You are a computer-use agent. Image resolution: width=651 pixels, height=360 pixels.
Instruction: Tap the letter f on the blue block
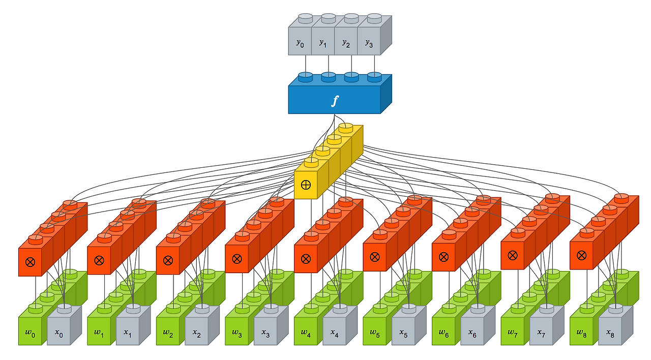tap(334, 101)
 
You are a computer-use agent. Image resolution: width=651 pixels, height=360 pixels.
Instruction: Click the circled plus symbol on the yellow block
tap(306, 185)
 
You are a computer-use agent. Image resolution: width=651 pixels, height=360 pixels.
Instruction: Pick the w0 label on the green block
tap(30, 333)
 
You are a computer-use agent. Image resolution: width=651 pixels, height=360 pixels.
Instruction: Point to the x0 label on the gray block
tap(58, 334)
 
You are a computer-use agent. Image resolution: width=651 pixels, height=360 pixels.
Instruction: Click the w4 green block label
tap(306, 333)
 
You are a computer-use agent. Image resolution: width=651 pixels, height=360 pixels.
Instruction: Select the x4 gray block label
tap(334, 334)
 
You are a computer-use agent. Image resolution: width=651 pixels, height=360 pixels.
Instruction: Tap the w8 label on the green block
tap(581, 333)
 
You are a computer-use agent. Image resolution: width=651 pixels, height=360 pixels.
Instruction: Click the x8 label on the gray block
tap(610, 334)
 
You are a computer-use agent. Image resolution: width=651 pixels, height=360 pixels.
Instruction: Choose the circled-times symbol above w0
tap(30, 262)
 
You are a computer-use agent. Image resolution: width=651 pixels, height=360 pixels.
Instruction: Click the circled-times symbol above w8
tap(581, 255)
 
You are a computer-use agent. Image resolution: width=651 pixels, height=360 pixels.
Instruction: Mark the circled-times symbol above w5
tap(375, 258)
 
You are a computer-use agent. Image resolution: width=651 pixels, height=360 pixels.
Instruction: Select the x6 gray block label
tap(472, 334)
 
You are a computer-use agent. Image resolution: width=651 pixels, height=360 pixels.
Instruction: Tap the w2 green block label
tap(168, 333)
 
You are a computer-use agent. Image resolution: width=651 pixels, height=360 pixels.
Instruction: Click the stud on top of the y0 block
tap(305, 18)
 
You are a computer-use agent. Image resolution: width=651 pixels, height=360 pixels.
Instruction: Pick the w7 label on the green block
tap(513, 333)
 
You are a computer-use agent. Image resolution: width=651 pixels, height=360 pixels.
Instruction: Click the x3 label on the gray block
tap(265, 334)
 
